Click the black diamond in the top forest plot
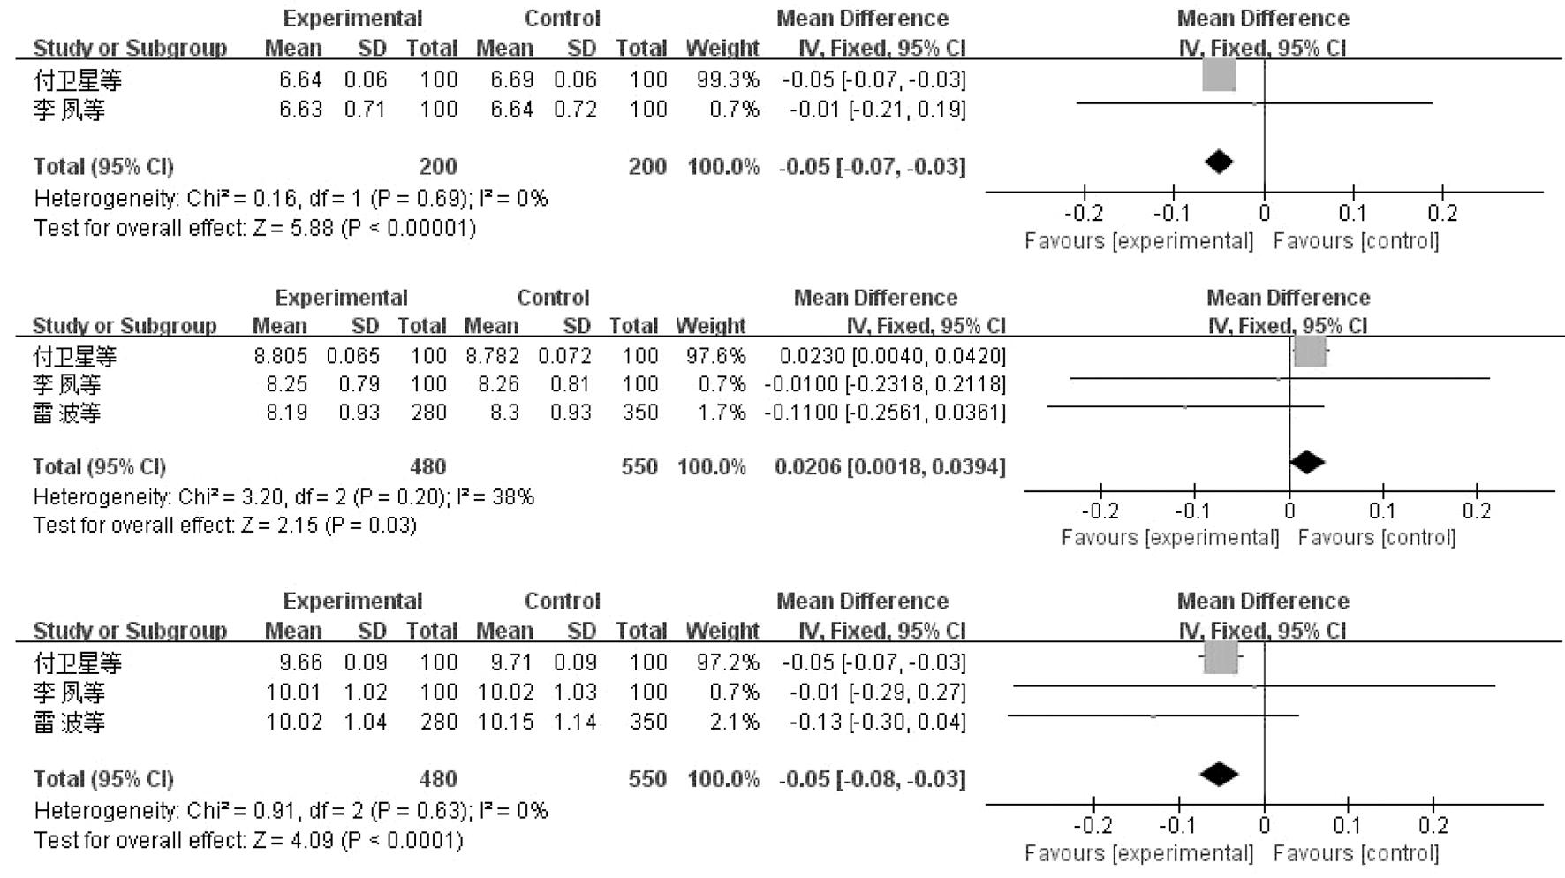(x=1219, y=162)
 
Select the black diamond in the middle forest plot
(x=1306, y=462)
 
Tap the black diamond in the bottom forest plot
(x=1219, y=774)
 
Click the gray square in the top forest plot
(x=1219, y=76)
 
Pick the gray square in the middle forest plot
(x=1310, y=352)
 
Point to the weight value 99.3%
(x=727, y=79)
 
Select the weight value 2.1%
(x=734, y=722)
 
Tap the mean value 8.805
(x=280, y=356)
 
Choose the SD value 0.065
(x=352, y=356)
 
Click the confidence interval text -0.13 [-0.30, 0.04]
(x=876, y=722)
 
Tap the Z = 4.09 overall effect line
(x=247, y=839)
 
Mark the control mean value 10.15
(x=505, y=722)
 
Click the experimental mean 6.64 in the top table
(x=300, y=79)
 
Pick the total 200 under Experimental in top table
(x=438, y=166)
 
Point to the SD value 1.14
(x=575, y=722)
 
